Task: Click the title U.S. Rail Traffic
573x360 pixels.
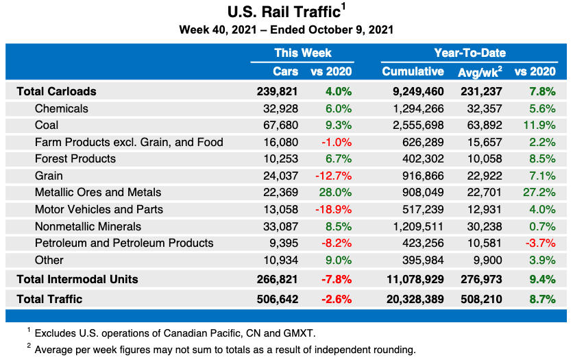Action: click(283, 12)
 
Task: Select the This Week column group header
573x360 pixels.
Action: click(302, 53)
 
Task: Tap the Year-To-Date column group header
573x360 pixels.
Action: click(470, 53)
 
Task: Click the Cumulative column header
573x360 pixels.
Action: click(413, 71)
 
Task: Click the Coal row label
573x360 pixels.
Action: click(47, 125)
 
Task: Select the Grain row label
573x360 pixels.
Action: click(49, 176)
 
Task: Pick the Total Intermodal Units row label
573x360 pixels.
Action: click(77, 279)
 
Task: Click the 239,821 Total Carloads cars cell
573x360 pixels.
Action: click(278, 91)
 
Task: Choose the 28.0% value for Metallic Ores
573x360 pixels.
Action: click(335, 193)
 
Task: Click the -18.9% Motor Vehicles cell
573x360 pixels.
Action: click(333, 209)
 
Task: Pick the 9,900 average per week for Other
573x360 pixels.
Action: click(488, 261)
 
